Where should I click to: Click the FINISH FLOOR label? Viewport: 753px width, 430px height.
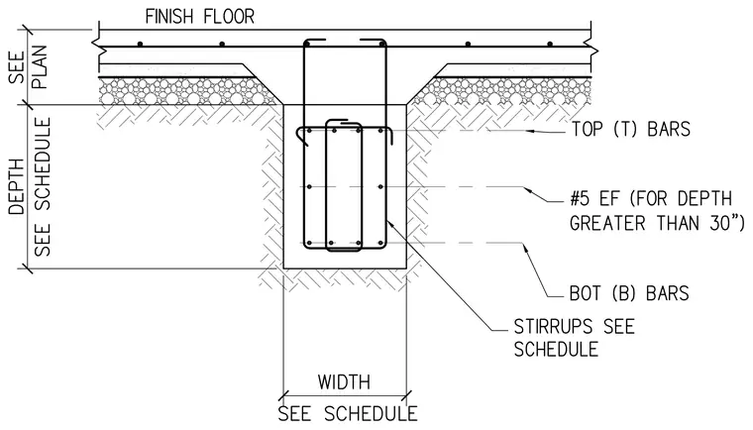click(200, 17)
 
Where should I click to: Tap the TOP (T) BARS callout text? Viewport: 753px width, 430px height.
click(630, 129)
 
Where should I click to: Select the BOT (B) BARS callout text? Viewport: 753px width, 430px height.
click(629, 293)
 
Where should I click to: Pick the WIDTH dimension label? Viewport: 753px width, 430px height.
click(344, 382)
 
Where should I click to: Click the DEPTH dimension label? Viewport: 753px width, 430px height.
click(17, 187)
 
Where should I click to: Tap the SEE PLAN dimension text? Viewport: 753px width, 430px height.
click(29, 66)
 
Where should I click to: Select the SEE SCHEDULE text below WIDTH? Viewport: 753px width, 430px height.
click(348, 414)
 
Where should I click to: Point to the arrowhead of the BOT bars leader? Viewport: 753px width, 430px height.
click(525, 249)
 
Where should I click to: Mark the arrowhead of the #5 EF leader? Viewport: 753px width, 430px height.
click(528, 190)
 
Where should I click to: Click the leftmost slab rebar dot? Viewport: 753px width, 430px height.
click(140, 45)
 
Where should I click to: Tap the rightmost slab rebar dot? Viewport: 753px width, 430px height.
click(550, 45)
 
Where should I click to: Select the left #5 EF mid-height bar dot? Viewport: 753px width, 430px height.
click(309, 186)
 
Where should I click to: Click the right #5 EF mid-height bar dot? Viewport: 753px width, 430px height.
click(380, 186)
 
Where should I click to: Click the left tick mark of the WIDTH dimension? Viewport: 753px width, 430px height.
click(283, 396)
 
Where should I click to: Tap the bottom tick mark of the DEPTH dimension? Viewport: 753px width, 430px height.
click(25, 269)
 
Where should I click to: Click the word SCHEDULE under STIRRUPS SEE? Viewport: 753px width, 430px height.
click(556, 350)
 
